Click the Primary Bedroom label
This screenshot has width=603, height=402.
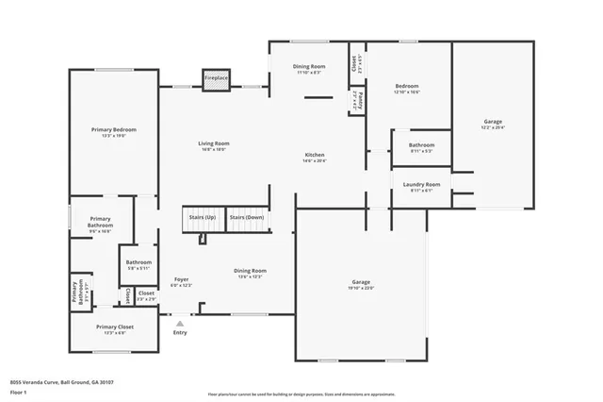coord(113,129)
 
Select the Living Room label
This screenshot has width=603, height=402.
coord(214,143)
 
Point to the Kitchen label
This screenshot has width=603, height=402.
coord(314,155)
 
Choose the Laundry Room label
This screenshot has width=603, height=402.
coord(421,184)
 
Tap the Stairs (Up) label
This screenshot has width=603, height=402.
coord(203,217)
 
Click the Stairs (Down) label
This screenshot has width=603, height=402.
coord(247,217)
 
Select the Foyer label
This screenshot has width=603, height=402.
coord(182,279)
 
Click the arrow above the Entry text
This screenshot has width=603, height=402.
coord(180,323)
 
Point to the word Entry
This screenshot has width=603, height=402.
coord(180,332)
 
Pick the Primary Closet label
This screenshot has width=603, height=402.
coord(115,327)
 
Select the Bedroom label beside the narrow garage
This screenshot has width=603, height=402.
coord(407,86)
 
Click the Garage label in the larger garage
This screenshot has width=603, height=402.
coord(360,282)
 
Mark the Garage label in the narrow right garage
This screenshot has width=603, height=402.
coord(493,123)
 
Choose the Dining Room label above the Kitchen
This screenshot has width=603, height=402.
coord(310,66)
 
